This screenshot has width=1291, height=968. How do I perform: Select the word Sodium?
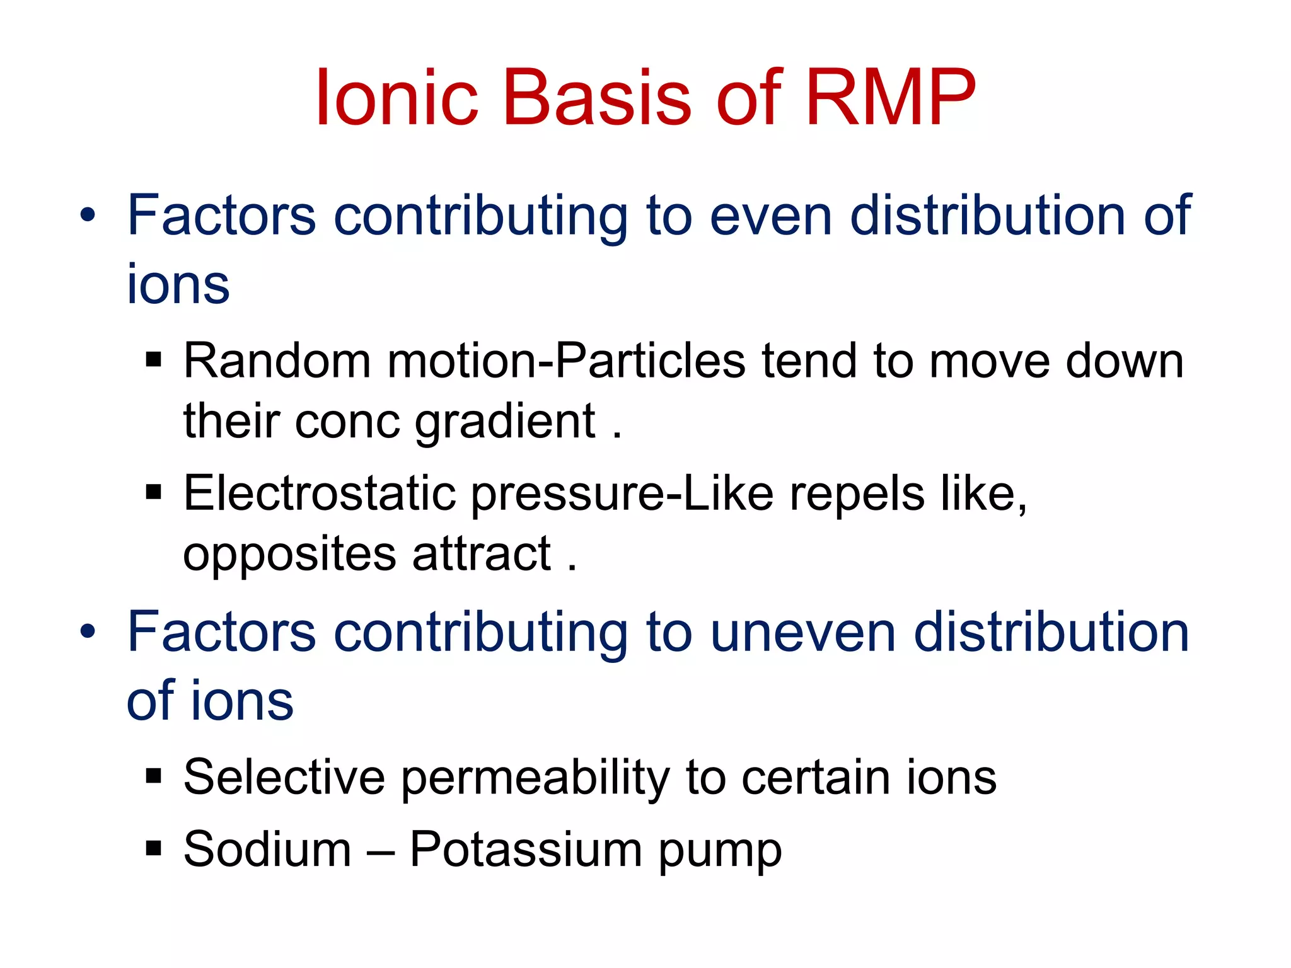coord(267,850)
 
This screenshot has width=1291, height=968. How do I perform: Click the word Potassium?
coord(526,850)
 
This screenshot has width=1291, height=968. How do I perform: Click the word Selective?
coord(284,777)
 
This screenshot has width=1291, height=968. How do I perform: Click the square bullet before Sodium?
coord(153,848)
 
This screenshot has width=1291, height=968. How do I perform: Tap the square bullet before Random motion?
coord(153,360)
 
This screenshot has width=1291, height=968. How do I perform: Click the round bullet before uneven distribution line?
coord(88,631)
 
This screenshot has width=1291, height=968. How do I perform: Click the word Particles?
coord(650,361)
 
